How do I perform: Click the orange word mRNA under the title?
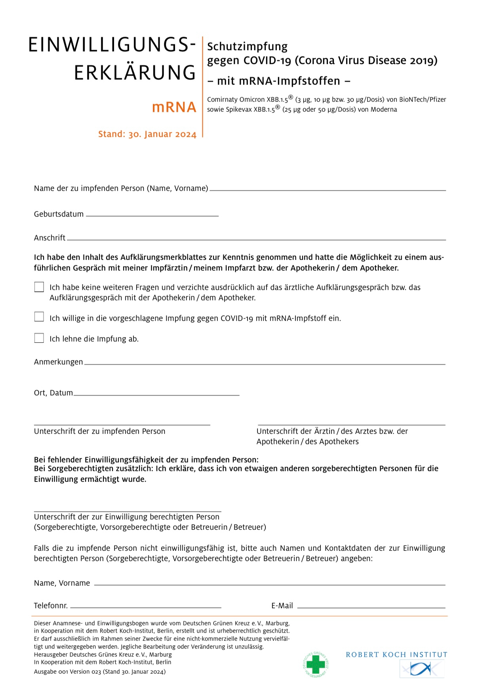tap(174, 107)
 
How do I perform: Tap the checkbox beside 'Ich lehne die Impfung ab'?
tap(39, 338)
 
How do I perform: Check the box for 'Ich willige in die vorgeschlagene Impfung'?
tap(39, 317)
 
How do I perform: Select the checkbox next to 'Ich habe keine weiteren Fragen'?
tap(39, 287)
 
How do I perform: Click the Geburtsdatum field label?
tap(59, 214)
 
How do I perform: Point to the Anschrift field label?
tap(50, 238)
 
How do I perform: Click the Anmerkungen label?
tap(58, 362)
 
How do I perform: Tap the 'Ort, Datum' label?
tap(53, 393)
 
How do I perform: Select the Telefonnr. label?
tap(51, 606)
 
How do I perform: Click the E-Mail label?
tap(282, 606)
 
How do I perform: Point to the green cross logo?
tap(316, 664)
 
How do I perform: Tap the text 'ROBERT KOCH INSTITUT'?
tap(396, 655)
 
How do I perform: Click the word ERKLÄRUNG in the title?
tap(135, 73)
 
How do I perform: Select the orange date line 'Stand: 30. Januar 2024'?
tap(147, 134)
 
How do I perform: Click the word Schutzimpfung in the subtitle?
tap(247, 47)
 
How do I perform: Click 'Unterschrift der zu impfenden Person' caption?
tap(99, 431)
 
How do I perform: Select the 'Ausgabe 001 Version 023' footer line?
tap(100, 671)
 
